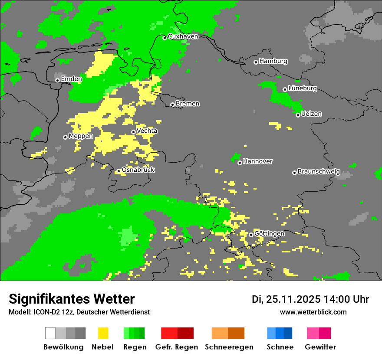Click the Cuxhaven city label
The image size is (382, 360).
pyautogui.click(x=183, y=36)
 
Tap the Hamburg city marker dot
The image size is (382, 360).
pyautogui.click(x=256, y=62)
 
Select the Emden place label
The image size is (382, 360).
pyautogui.click(x=71, y=79)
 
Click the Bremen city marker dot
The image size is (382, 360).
pyautogui.click(x=172, y=105)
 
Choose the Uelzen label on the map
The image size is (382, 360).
pyautogui.click(x=311, y=114)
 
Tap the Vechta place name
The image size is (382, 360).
pyautogui.click(x=147, y=131)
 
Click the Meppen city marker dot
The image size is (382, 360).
pyautogui.click(x=65, y=137)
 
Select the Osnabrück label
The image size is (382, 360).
pyautogui.click(x=138, y=170)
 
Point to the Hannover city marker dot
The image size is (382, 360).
pyautogui.click(x=240, y=163)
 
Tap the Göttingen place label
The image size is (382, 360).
pyautogui.click(x=269, y=233)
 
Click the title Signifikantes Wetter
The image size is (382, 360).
pyautogui.click(x=72, y=299)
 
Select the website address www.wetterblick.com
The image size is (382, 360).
pyautogui.click(x=313, y=312)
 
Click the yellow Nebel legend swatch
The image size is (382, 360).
pyautogui.click(x=103, y=333)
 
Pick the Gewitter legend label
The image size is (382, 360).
pyautogui.click(x=320, y=347)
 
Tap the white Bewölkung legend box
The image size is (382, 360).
pyautogui.click(x=50, y=333)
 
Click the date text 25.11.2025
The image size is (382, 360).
pyautogui.click(x=293, y=299)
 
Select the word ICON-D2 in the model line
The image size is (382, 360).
pyautogui.click(x=45, y=312)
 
